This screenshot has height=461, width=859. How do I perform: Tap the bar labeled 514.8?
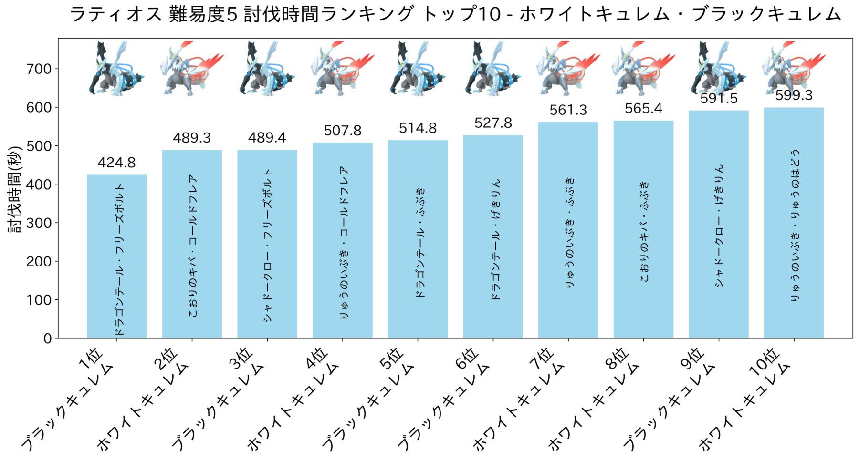(418, 239)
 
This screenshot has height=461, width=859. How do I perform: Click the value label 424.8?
(116, 163)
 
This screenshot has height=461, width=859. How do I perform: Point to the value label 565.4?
(643, 109)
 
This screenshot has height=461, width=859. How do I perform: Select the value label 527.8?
(493, 123)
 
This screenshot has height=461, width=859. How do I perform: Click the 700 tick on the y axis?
(39, 69)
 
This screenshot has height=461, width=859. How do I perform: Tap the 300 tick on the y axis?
(39, 223)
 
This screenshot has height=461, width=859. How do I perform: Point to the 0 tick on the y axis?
(47, 338)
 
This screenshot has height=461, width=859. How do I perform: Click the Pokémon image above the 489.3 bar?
(192, 68)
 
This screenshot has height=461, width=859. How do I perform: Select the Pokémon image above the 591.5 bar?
(718, 68)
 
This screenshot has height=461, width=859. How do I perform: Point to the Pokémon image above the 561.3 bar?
(568, 68)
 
